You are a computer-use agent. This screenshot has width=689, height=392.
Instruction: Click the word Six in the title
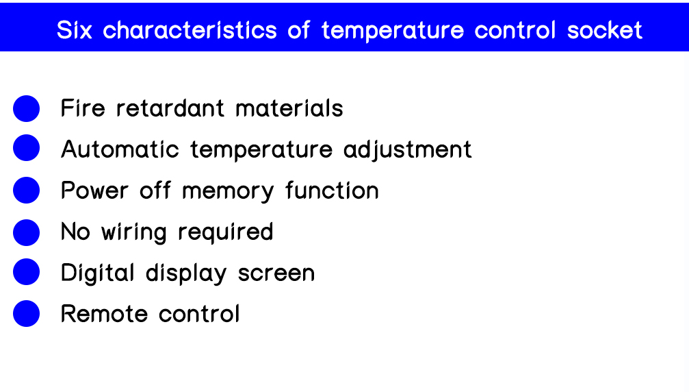(x=75, y=30)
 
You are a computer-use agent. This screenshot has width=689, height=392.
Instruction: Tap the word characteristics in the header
(x=190, y=30)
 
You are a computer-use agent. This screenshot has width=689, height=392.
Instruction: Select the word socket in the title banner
(x=605, y=30)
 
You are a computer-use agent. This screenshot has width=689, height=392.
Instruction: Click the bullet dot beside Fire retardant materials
(x=27, y=109)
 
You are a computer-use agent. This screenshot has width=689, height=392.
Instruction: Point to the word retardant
(x=170, y=108)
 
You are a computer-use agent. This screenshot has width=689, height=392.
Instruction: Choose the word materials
(x=289, y=108)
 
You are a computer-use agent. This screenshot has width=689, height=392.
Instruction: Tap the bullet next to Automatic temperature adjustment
(x=27, y=148)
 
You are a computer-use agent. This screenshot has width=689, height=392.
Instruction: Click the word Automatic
(x=120, y=149)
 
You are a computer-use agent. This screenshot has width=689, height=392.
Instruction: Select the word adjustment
(x=407, y=149)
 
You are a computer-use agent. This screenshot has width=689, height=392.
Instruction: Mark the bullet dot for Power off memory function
(x=27, y=190)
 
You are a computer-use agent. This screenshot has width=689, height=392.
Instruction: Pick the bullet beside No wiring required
(x=27, y=232)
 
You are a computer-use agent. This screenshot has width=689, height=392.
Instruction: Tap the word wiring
(x=134, y=232)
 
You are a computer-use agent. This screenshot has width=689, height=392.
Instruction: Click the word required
(x=225, y=232)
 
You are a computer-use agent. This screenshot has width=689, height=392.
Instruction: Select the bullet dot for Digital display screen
(x=27, y=272)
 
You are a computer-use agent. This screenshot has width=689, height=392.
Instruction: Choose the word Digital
(x=98, y=273)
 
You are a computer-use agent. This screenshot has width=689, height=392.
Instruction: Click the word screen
(x=276, y=273)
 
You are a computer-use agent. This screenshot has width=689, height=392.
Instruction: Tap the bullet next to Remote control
(x=27, y=314)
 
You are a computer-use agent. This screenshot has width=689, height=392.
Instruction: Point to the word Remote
(x=104, y=314)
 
